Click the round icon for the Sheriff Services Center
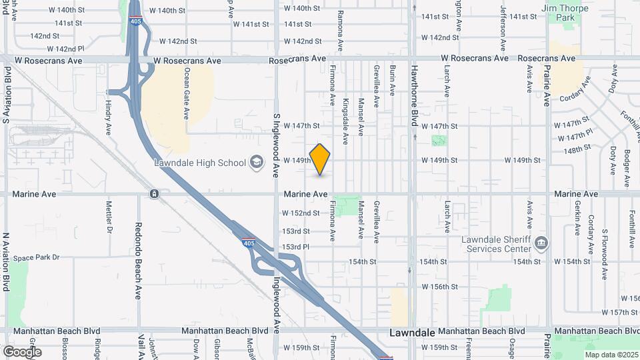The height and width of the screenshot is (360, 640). (x=541, y=241)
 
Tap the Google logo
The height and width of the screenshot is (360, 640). (x=22, y=351)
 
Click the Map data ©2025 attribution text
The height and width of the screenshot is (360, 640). (x=611, y=355)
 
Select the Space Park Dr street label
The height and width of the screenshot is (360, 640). (x=37, y=257)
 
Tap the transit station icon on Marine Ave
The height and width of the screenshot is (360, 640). (x=154, y=194)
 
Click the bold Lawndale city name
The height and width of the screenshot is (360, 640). (x=413, y=332)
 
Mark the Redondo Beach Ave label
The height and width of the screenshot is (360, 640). (x=138, y=260)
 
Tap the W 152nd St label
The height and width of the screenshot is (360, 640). (x=301, y=213)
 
